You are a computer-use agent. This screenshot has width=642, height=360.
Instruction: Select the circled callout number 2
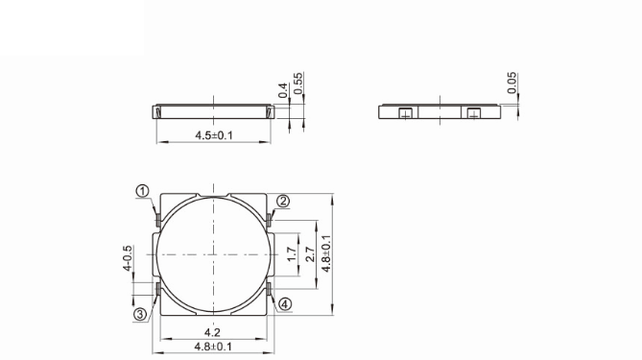pyautogui.click(x=283, y=201)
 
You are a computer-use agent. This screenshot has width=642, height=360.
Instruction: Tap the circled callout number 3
pyautogui.click(x=140, y=313)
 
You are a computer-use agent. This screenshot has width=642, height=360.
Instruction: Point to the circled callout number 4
pyautogui.click(x=285, y=303)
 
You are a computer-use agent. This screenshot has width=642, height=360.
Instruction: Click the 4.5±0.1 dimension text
pyautogui.click(x=214, y=135)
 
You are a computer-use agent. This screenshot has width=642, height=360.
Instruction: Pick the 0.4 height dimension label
pyautogui.click(x=283, y=89)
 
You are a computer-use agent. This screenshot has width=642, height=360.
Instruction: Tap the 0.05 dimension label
pyautogui.click(x=512, y=84)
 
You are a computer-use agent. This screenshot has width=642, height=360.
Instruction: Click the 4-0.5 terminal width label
pyautogui.click(x=127, y=258)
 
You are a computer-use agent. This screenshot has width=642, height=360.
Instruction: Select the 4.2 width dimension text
pyautogui.click(x=214, y=332)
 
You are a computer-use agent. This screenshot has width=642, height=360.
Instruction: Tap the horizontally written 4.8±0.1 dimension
pyautogui.click(x=214, y=347)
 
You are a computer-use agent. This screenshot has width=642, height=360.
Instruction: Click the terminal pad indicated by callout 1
pyautogui.click(x=156, y=221)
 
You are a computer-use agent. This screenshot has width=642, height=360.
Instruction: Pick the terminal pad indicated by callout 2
pyautogui.click(x=272, y=221)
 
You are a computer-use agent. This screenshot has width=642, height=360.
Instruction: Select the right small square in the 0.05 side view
pyautogui.click(x=471, y=114)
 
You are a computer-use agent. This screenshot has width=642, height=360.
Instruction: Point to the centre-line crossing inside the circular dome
pyautogui.click(x=214, y=253)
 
